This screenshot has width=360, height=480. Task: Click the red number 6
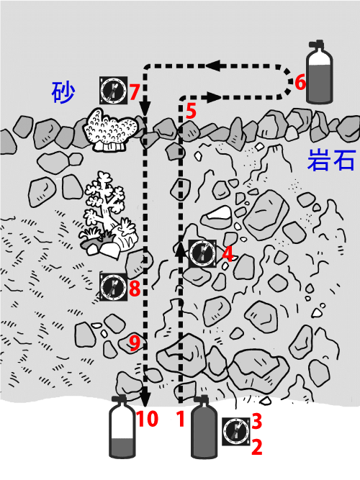tap(300, 83)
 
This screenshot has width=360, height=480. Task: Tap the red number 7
tap(135, 92)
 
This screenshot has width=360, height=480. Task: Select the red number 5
tap(191, 111)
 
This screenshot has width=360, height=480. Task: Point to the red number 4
tap(228, 254)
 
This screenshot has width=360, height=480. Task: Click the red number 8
tap(135, 288)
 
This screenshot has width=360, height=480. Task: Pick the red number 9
tap(135, 343)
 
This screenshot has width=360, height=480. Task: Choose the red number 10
tap(148, 418)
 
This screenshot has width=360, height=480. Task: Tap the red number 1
tap(181, 419)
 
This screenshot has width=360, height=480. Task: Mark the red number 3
tap(257, 421)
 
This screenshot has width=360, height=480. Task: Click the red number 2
tap(257, 447)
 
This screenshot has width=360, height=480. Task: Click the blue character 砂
tap(63, 92)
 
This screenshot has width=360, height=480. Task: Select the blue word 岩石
tap(331, 160)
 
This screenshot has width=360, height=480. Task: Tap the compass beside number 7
tap(113, 90)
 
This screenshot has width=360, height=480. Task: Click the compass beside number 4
tap(202, 253)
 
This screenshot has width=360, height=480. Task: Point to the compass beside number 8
tap(113, 287)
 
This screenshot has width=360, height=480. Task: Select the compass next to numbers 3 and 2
tap(236, 431)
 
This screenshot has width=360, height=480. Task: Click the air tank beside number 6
tap(320, 71)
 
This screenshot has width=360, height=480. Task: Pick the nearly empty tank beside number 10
tap(122, 427)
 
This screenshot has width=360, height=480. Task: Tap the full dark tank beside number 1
tap(204, 427)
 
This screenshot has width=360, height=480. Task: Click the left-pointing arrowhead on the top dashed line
tap(213, 65)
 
